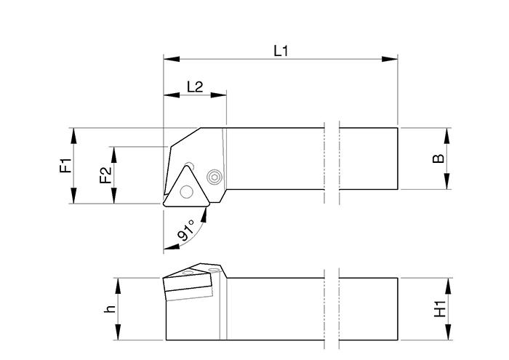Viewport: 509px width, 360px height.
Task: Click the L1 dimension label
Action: [x=281, y=50]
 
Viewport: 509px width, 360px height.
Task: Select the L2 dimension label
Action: [x=194, y=87]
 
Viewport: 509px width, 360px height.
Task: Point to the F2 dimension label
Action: [x=105, y=175]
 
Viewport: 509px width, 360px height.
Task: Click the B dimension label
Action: [x=438, y=159]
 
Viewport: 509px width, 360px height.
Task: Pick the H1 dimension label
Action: [x=438, y=309]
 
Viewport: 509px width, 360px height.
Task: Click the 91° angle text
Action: [x=185, y=233]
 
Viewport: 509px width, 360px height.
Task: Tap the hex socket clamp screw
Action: [x=214, y=176]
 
